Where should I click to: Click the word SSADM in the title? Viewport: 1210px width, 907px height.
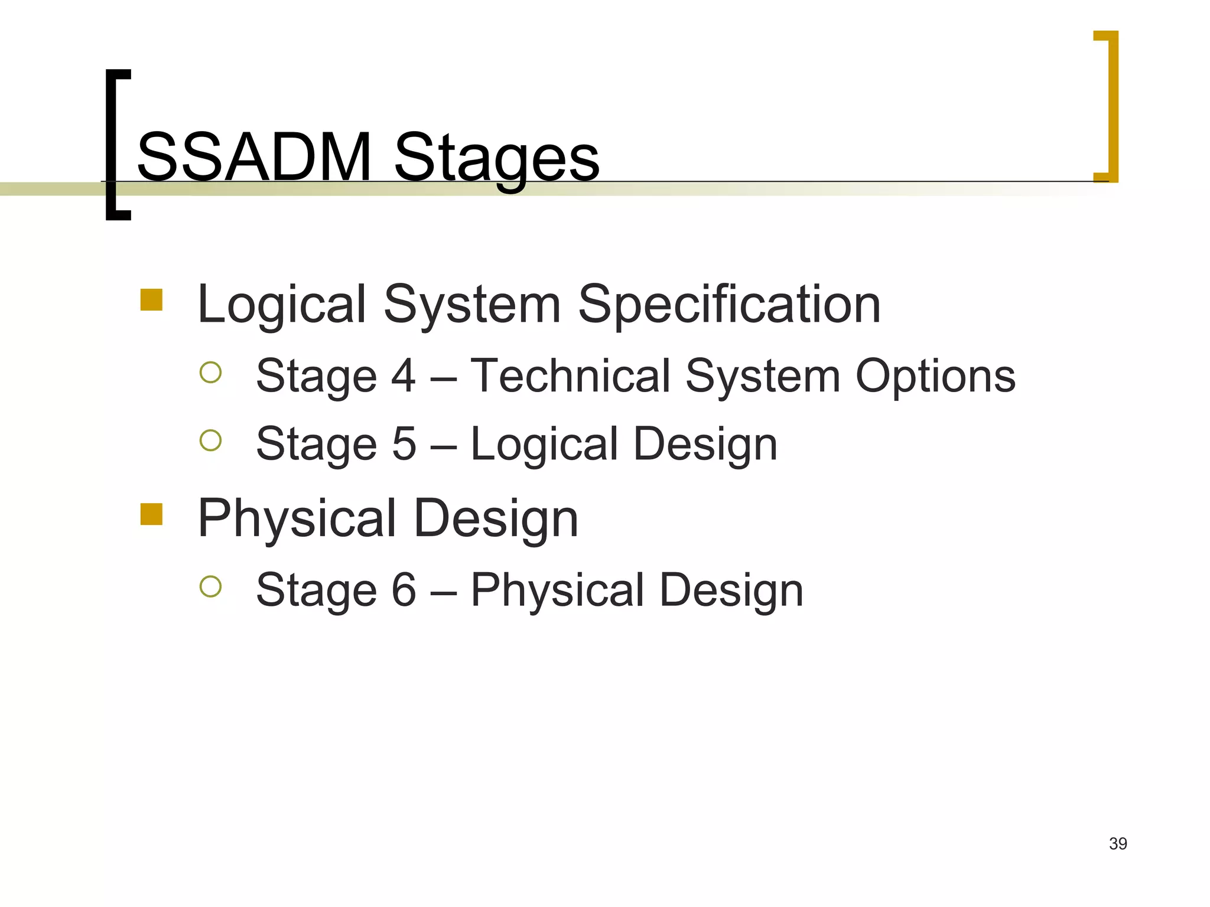[x=254, y=158]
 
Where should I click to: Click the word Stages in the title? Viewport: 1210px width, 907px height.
[x=496, y=158]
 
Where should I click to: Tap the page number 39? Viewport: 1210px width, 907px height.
[x=1118, y=843]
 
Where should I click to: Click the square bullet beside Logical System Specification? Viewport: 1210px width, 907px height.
[x=151, y=299]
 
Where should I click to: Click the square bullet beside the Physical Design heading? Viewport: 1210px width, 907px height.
[x=151, y=514]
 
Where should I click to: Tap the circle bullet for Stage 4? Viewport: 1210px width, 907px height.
[x=210, y=372]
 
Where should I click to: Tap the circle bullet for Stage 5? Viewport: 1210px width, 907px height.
[x=210, y=440]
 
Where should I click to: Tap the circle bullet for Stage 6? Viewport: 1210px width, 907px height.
[x=210, y=586]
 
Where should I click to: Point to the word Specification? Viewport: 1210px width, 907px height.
[x=729, y=305]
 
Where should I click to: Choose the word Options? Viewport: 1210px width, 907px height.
[x=935, y=377]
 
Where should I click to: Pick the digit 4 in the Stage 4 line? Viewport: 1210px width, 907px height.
[x=404, y=376]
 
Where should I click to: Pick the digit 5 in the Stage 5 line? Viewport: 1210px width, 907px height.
[x=404, y=443]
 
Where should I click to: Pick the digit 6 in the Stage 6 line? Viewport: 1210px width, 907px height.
[x=404, y=589]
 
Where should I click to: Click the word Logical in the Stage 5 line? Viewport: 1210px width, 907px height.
[x=544, y=445]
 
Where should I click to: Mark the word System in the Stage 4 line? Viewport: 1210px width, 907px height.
[x=763, y=377]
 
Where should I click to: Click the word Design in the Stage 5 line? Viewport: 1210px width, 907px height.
[x=705, y=445]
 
